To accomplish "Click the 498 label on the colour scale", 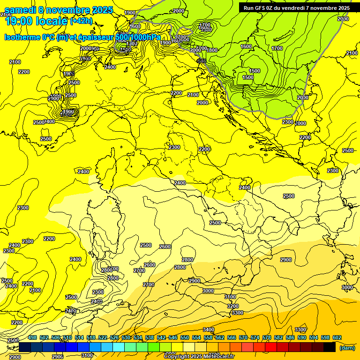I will click(32, 337).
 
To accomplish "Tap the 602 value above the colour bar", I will click(337, 337).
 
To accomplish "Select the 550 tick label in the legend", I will click(185, 337).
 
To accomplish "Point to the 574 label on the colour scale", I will click(255, 337).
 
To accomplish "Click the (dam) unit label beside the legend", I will click(347, 348).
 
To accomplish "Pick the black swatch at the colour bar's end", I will click(330, 347).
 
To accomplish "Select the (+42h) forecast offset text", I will click(81, 21).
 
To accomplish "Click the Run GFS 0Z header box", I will click(296, 7).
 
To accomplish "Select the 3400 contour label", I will click(209, 330).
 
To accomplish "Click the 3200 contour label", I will click(233, 306).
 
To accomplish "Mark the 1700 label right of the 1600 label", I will click(277, 48).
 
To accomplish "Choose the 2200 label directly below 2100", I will click(23, 72).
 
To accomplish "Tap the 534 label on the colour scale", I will click(138, 337).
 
